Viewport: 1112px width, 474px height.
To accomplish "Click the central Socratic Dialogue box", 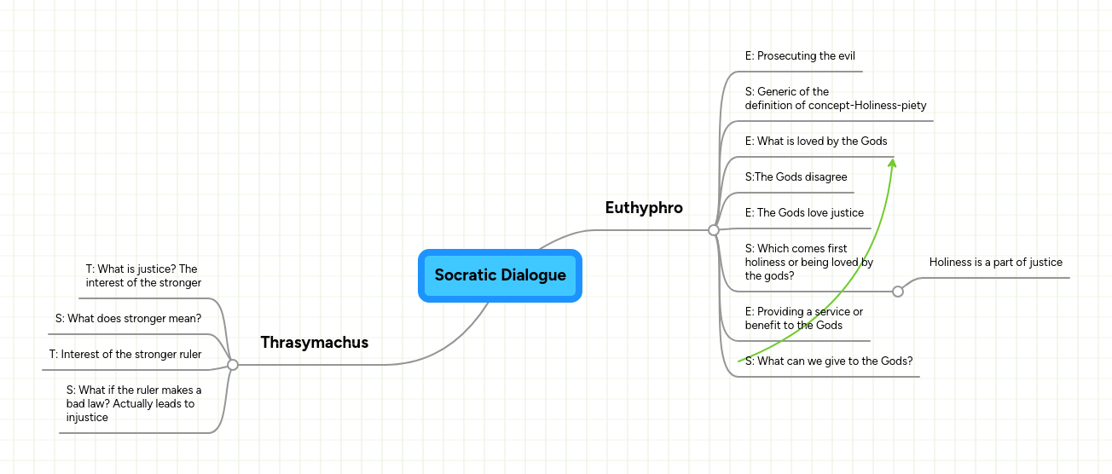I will tap(500, 275).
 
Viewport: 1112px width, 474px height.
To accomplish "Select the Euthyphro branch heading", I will tap(644, 208).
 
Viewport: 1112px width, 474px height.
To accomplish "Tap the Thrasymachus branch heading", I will tap(315, 343).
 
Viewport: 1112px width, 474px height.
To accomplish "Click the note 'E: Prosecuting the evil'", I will tap(800, 56).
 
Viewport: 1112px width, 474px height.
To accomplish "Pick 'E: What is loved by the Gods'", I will tap(816, 142).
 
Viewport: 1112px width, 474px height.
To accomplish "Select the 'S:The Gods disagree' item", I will tap(796, 177).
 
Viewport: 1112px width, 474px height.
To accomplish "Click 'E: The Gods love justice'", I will tap(804, 213).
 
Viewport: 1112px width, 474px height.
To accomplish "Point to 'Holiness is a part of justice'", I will tap(995, 263).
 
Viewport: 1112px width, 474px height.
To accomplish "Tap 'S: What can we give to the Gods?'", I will tap(829, 361).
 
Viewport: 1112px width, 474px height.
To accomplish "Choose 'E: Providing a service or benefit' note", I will tap(803, 319).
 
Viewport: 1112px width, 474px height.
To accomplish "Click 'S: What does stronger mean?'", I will tap(128, 319).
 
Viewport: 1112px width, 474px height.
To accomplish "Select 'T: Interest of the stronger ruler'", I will tap(125, 355).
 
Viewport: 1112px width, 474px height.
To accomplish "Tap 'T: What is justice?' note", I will tap(143, 276).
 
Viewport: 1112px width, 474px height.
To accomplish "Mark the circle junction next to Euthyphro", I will tap(714, 230).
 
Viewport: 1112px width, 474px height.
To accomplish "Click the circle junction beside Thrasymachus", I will tap(233, 365).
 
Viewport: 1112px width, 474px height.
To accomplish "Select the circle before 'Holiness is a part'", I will tap(898, 292).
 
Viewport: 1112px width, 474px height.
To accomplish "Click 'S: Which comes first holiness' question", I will tap(808, 263).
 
